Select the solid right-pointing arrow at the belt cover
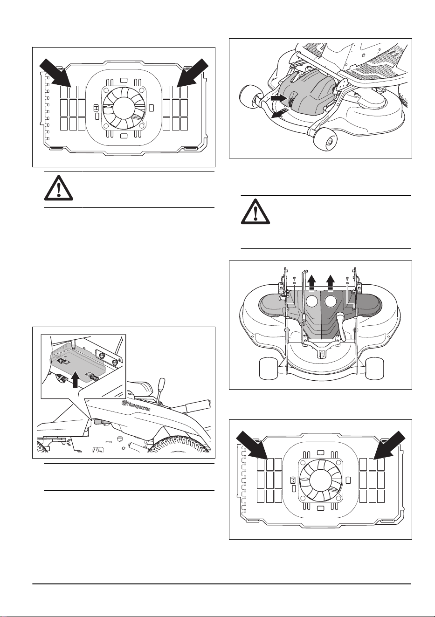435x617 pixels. (x=279, y=98)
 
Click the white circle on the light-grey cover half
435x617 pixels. (x=312, y=301)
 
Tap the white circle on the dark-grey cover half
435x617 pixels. (x=331, y=301)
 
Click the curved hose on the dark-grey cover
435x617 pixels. (x=340, y=326)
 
